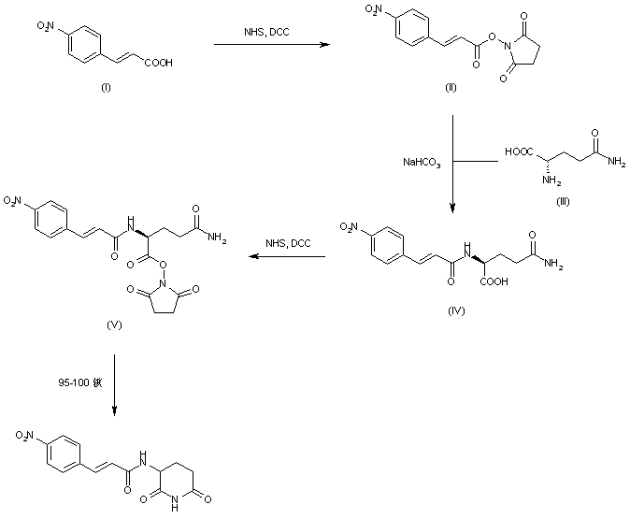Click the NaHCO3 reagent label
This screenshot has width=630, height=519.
[422, 163]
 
